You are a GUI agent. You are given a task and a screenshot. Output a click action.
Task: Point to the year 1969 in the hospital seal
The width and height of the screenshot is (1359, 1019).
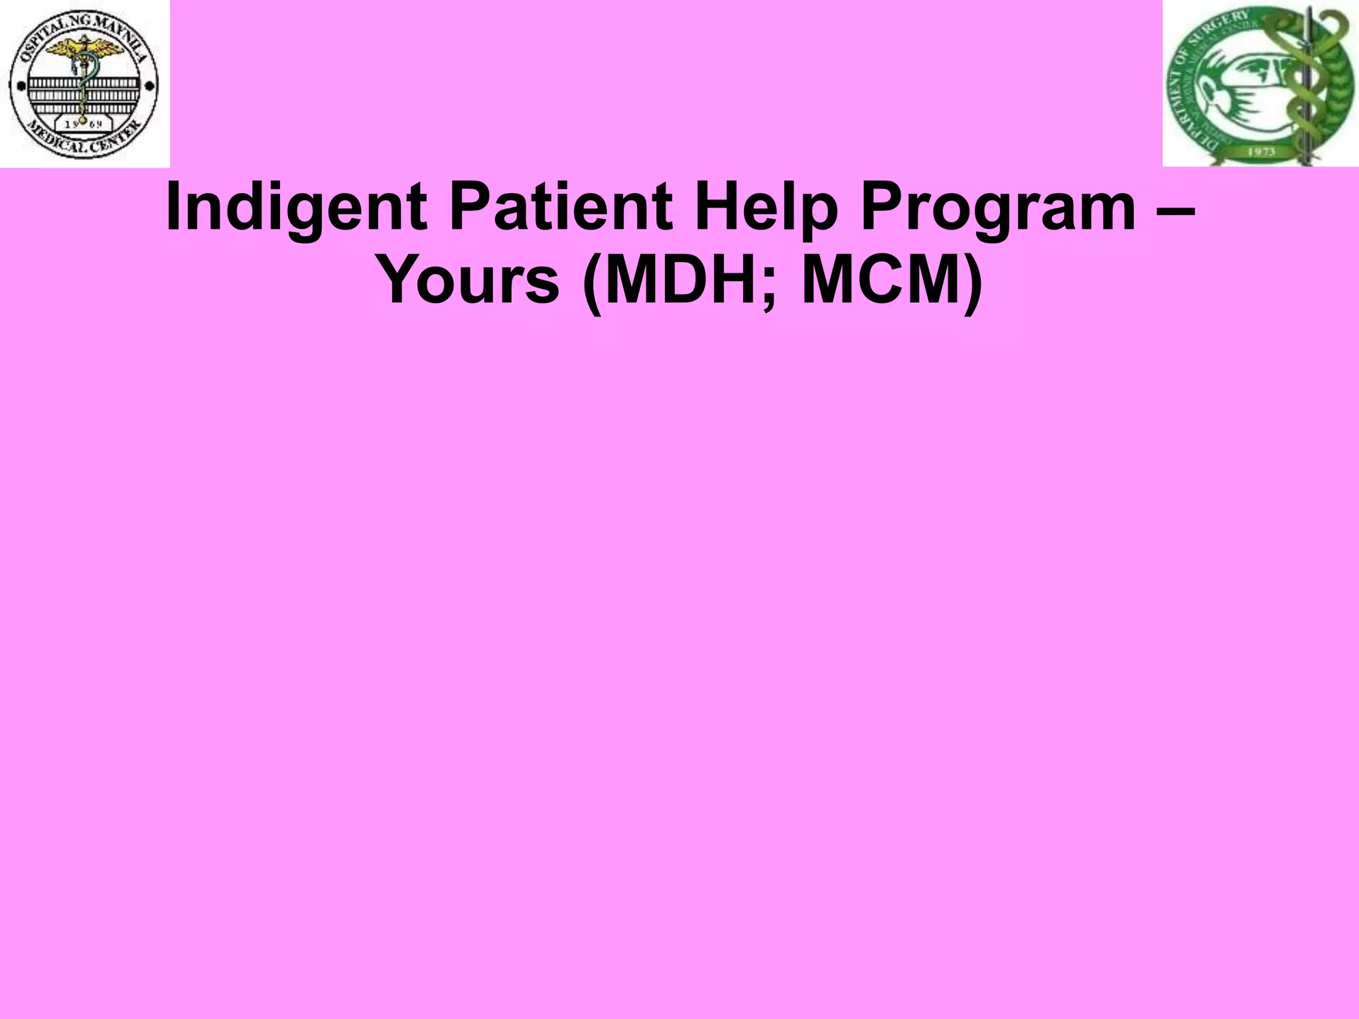84,124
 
